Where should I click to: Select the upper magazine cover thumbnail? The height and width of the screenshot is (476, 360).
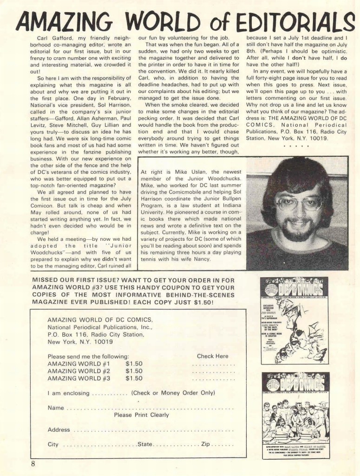295,320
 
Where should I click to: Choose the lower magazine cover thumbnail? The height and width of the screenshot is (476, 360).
295,415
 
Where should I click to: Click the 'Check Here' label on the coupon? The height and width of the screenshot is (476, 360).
212,356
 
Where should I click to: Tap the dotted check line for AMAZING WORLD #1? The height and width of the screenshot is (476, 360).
213,364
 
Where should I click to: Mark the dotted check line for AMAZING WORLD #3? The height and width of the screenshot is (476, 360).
213,379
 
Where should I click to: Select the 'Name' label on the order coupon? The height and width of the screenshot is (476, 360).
56,407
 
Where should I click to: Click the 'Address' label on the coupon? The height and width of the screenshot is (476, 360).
59,430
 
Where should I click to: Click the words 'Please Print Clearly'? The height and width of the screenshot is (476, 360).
141,415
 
